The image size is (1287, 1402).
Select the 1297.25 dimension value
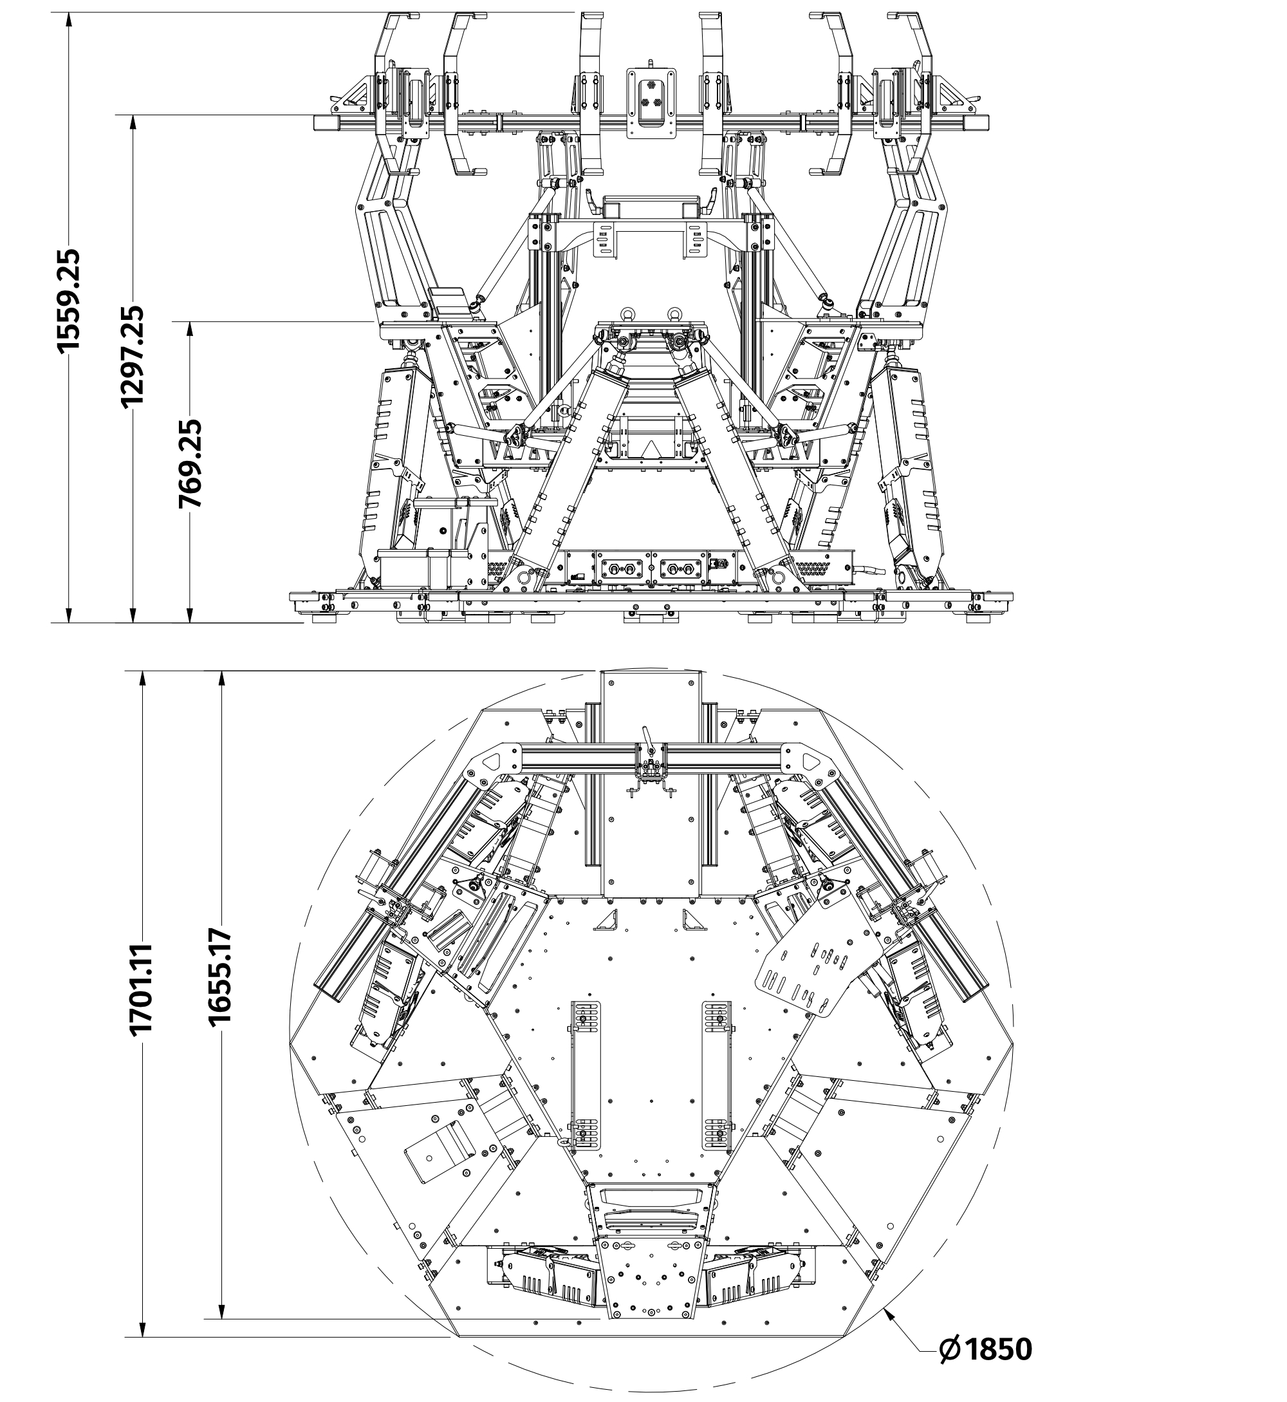click(132, 356)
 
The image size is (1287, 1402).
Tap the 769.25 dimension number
click(189, 463)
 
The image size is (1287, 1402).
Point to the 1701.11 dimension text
click(142, 989)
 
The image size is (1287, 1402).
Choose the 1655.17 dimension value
click(220, 976)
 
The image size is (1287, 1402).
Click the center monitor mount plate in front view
click(652, 102)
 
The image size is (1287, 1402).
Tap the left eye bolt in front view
click(625, 313)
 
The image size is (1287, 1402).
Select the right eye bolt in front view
click(675, 313)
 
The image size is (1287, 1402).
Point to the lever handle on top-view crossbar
click(647, 738)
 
